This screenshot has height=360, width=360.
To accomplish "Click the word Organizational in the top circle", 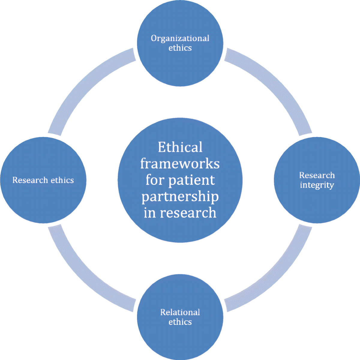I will tap(180, 38).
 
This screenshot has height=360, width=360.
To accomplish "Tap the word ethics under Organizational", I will tap(180, 48).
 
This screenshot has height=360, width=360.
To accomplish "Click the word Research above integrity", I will tap(317, 175).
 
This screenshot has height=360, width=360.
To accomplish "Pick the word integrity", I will tap(317, 185).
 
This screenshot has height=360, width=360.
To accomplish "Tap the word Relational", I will tap(180, 312).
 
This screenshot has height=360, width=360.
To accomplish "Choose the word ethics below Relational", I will tap(180, 322).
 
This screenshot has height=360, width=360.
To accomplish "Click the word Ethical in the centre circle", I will tap(180, 147).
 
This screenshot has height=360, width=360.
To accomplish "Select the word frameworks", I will tap(180, 164).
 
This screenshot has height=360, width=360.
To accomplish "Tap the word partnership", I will tap(180, 197).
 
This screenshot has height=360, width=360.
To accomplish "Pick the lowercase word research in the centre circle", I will tap(188, 213).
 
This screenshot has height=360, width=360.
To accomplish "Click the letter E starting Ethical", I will tap(162, 147).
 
